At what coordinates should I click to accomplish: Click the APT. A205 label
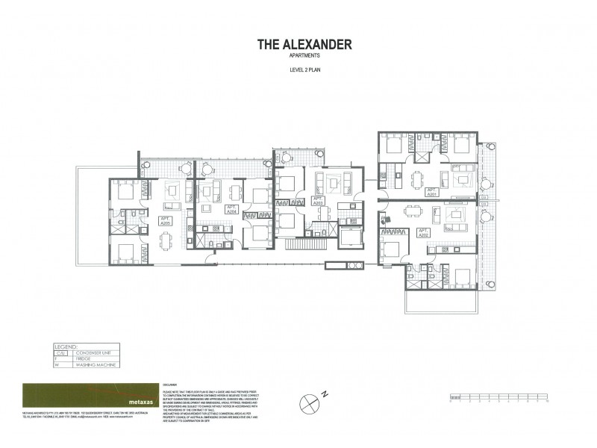166,220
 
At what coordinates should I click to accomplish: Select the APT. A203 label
317,200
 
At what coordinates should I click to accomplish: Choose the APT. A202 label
423,232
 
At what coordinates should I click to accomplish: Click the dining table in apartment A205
165,240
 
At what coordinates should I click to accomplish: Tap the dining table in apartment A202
407,212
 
